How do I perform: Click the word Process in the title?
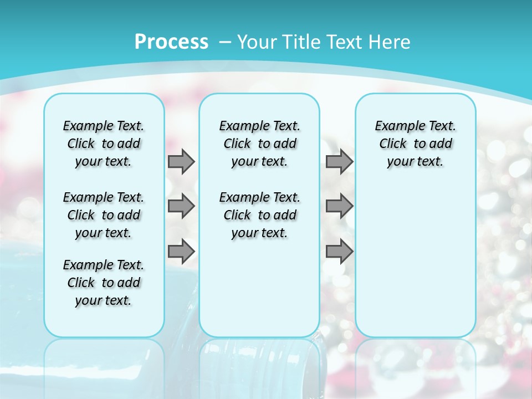tap(171, 42)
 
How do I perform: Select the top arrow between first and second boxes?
tap(181, 161)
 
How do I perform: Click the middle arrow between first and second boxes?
tap(181, 206)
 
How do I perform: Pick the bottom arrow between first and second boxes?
tap(181, 251)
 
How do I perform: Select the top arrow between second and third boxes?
tap(339, 161)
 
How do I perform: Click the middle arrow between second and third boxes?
tap(339, 206)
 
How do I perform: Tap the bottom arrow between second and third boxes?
tap(339, 251)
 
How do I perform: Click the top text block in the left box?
tap(104, 144)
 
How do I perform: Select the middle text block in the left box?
tap(104, 215)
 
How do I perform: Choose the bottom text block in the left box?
tap(104, 283)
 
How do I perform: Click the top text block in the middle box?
tap(259, 144)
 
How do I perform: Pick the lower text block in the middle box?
tap(259, 215)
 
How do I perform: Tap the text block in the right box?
tap(416, 144)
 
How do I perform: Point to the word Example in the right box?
tap(395, 126)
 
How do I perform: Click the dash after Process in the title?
tap(223, 42)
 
